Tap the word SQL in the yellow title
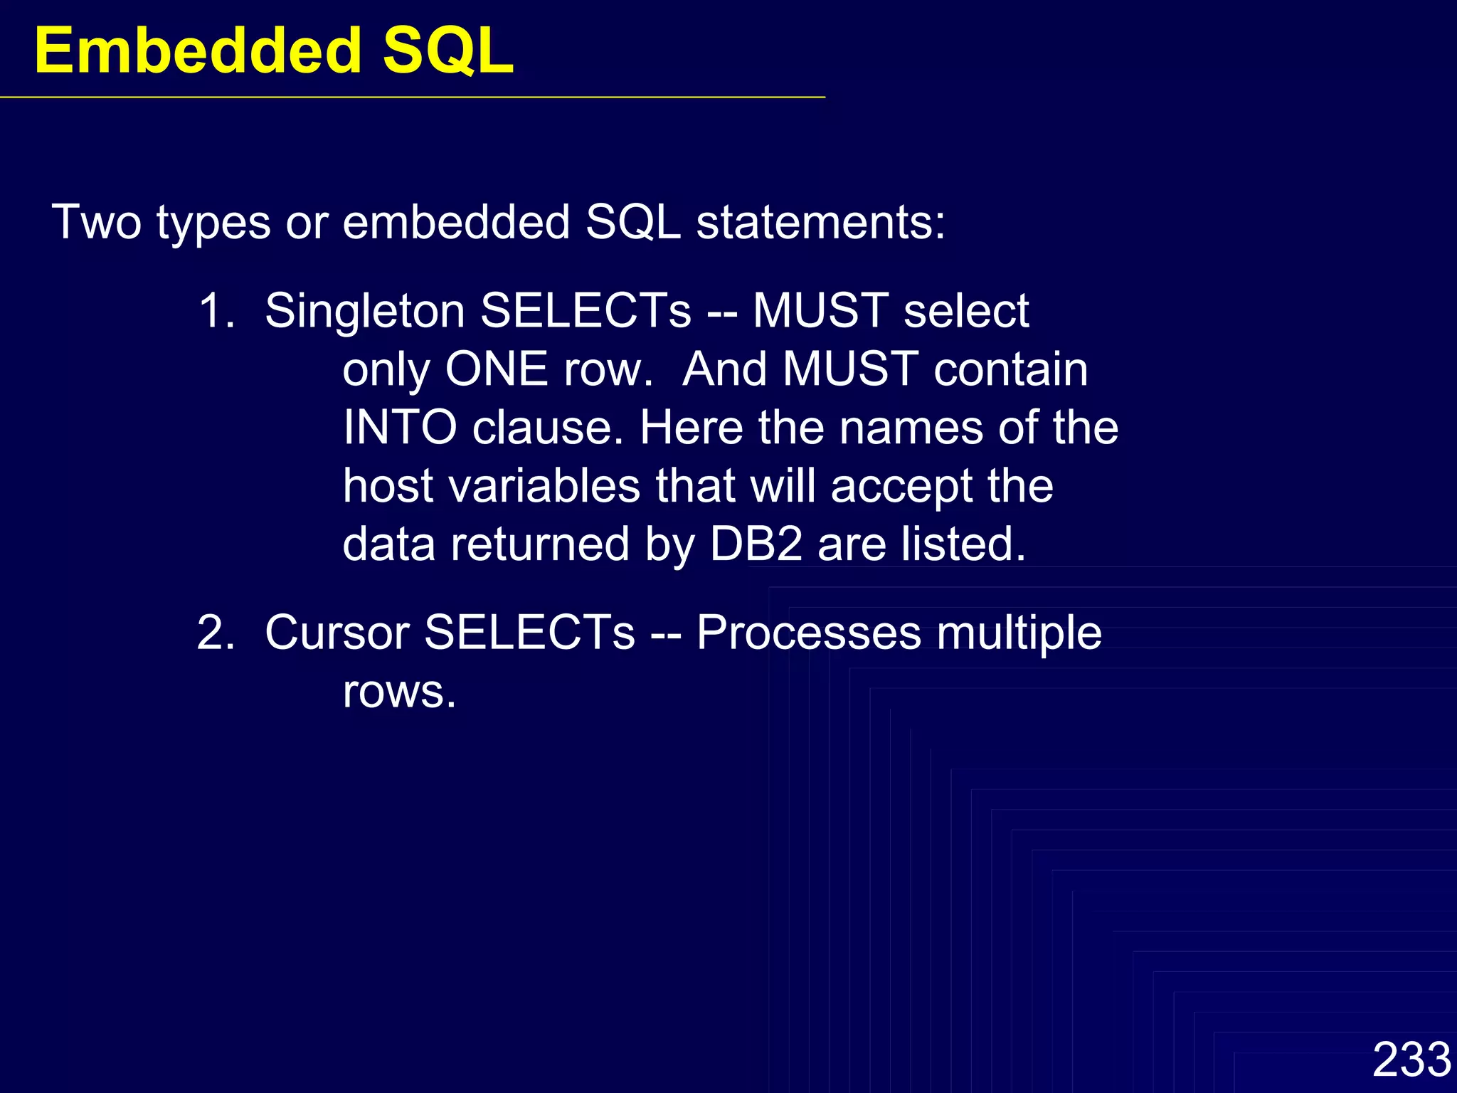click(x=448, y=51)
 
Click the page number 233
click(x=1411, y=1060)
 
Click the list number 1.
click(x=216, y=312)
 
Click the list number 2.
click(x=216, y=633)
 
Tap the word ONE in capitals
click(x=496, y=370)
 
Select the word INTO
click(x=399, y=428)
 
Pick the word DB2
click(x=756, y=545)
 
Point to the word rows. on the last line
click(x=398, y=691)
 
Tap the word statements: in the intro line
click(x=820, y=223)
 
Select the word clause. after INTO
click(x=548, y=428)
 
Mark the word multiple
click(x=1019, y=633)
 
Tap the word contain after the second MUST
click(x=1010, y=370)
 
